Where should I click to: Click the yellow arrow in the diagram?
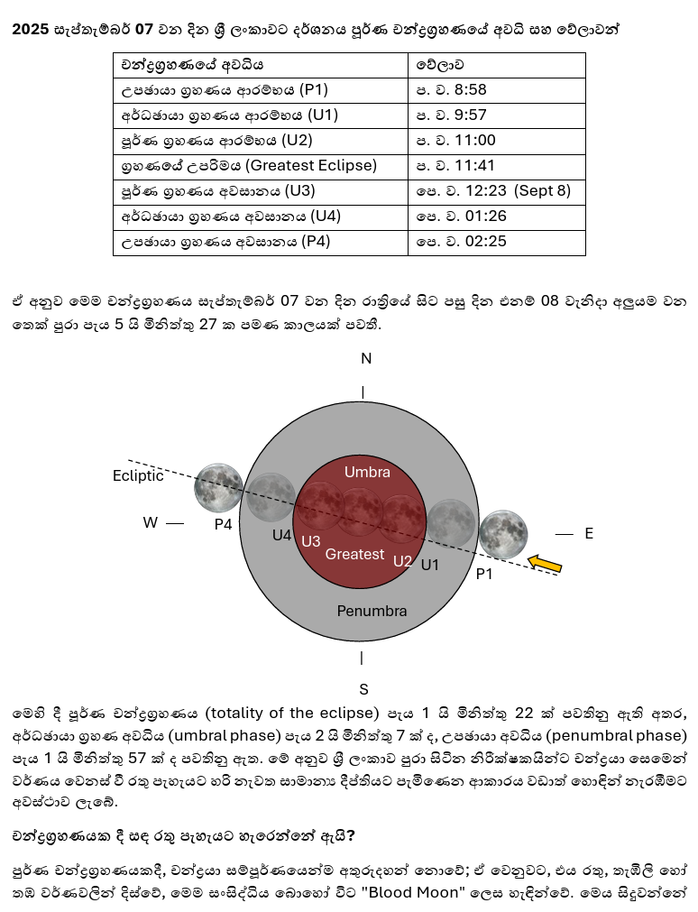pyautogui.click(x=545, y=564)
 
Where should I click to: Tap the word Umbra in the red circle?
pyautogui.click(x=367, y=473)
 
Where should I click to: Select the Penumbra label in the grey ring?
pyautogui.click(x=372, y=611)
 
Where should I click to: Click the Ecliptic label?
pyautogui.click(x=138, y=475)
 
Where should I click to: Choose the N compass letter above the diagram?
pyautogui.click(x=366, y=359)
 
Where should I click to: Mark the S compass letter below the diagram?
pyautogui.click(x=364, y=689)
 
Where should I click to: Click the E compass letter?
pyautogui.click(x=589, y=534)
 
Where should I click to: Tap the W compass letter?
pyautogui.click(x=150, y=522)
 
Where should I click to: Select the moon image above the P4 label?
pyautogui.click(x=218, y=488)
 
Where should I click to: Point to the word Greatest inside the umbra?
pyautogui.click(x=354, y=554)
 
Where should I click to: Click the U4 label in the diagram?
pyautogui.click(x=282, y=535)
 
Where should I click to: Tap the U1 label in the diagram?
pyautogui.click(x=430, y=565)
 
